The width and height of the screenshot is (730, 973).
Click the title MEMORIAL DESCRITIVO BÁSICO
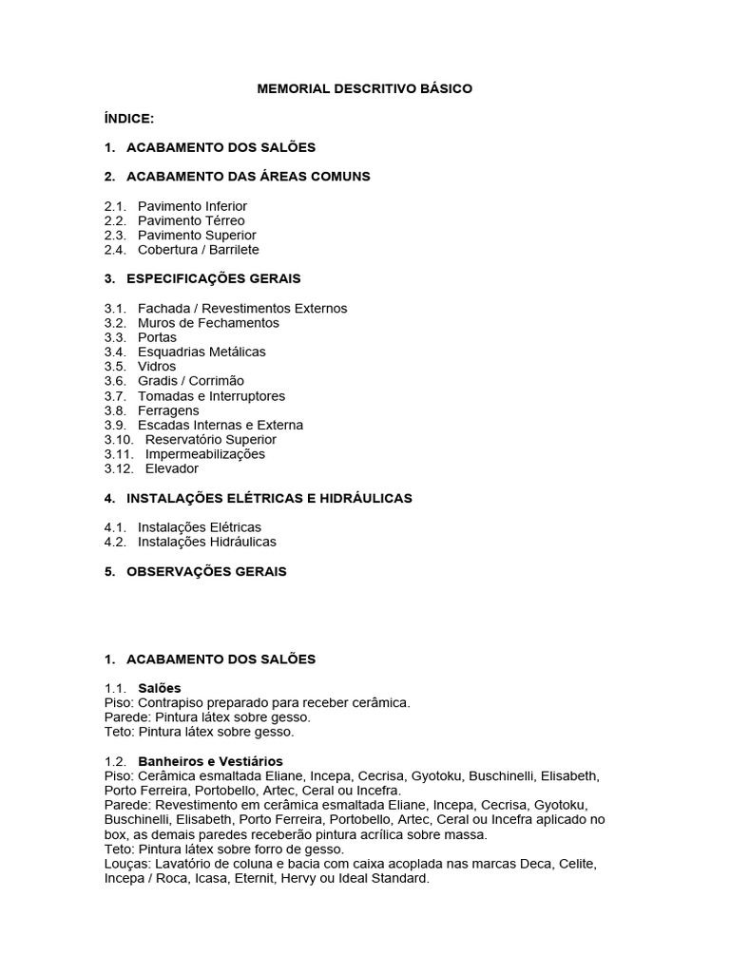click(x=365, y=89)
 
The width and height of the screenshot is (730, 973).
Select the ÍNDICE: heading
click(x=128, y=118)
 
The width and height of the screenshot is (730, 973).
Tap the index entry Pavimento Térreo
click(x=191, y=220)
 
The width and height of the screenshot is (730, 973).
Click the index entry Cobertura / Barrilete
click(x=198, y=250)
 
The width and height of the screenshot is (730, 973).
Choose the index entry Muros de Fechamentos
click(x=208, y=323)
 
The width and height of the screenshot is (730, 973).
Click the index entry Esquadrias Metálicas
click(x=202, y=352)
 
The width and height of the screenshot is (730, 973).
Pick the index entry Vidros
click(x=157, y=367)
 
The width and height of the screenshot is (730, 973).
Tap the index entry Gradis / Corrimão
click(x=191, y=381)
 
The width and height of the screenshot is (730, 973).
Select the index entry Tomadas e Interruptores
click(x=211, y=396)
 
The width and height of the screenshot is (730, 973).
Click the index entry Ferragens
click(x=168, y=410)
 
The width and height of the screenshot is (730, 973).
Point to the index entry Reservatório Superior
click(x=211, y=440)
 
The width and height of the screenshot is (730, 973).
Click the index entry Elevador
click(x=172, y=468)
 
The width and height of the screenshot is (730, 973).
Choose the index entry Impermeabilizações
click(x=205, y=454)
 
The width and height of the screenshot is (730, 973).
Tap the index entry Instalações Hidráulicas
click(x=207, y=542)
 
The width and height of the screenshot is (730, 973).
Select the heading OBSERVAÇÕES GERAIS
click(x=206, y=572)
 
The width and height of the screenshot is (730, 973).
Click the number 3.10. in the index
click(x=119, y=440)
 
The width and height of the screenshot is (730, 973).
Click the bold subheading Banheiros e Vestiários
click(x=210, y=762)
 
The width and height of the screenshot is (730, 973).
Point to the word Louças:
click(x=126, y=864)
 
